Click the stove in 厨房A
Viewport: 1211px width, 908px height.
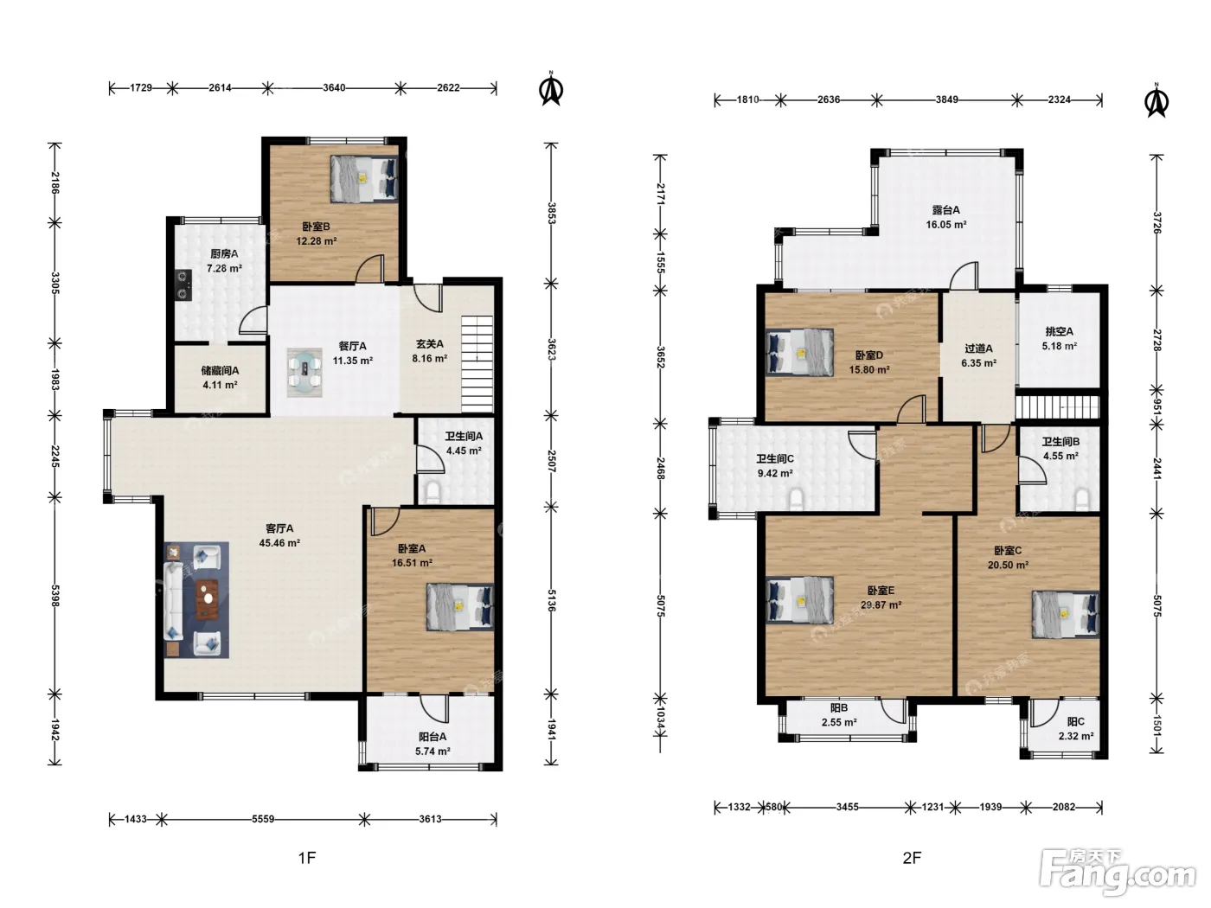(x=183, y=285)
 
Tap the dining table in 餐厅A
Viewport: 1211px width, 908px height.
(x=304, y=372)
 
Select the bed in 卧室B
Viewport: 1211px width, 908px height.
(x=364, y=179)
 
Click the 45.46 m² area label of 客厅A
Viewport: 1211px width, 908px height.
(x=279, y=543)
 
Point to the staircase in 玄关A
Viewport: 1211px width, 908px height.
(x=477, y=364)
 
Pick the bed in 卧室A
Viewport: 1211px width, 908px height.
(x=459, y=607)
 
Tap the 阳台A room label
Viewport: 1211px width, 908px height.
(x=432, y=737)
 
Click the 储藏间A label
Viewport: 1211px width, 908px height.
(x=220, y=370)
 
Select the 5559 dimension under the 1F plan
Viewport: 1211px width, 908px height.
(x=263, y=819)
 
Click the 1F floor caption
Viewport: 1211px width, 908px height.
(x=307, y=858)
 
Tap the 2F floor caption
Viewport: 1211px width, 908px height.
(x=912, y=858)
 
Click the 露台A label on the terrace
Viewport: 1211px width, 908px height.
(x=945, y=210)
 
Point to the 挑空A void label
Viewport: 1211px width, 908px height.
(x=1060, y=331)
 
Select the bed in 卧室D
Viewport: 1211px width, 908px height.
(x=799, y=352)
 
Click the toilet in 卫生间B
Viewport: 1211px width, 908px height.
(x=1082, y=499)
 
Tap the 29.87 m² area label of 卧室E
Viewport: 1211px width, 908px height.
(x=881, y=604)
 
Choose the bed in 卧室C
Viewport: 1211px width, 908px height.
(x=1066, y=614)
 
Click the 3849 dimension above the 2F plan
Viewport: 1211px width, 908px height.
(x=946, y=99)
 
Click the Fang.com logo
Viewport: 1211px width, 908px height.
(x=1118, y=873)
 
